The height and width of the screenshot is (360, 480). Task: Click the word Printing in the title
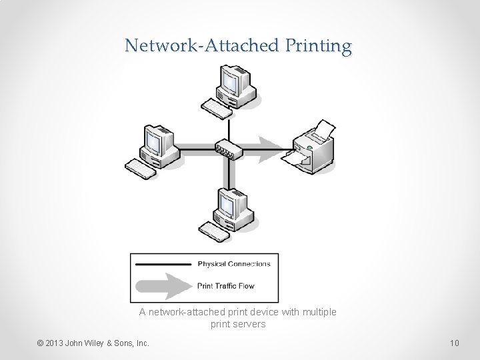(x=318, y=46)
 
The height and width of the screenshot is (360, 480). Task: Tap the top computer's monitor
(x=231, y=83)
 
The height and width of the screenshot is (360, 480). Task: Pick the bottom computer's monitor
(x=230, y=204)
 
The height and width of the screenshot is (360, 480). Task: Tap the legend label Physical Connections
(x=234, y=264)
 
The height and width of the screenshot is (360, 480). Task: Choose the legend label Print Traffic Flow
(x=225, y=286)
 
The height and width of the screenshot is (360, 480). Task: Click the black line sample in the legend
(x=163, y=265)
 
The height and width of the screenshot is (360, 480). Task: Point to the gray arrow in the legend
(x=163, y=286)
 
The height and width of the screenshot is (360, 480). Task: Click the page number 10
(x=454, y=343)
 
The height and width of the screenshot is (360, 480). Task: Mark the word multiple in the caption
(x=319, y=312)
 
